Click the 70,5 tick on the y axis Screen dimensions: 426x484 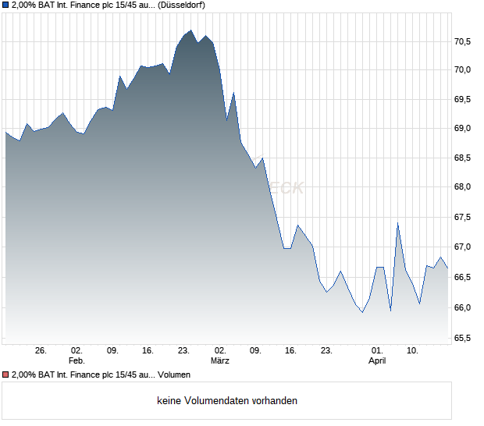coord(462,41)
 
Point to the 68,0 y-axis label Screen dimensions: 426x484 coord(462,187)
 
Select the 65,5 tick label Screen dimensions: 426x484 coord(462,338)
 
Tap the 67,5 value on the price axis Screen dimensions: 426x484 coord(462,218)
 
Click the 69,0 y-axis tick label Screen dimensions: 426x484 coord(462,128)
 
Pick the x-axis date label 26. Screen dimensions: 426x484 coord(41,350)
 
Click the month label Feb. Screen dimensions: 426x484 coord(77,360)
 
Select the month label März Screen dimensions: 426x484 coord(220,360)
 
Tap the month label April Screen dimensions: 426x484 coord(377,360)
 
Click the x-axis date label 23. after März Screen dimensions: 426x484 coord(328,350)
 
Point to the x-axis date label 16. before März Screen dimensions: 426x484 coord(148,350)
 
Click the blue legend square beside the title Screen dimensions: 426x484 coord(5,5)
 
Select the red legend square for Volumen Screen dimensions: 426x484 coord(5,375)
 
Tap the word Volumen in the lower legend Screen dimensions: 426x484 coord(174,375)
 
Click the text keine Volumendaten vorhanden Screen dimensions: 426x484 coord(227,401)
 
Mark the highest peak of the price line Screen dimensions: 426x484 coord(190,30)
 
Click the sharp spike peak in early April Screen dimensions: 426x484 coord(397,224)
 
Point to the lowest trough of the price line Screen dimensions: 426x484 coord(362,312)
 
